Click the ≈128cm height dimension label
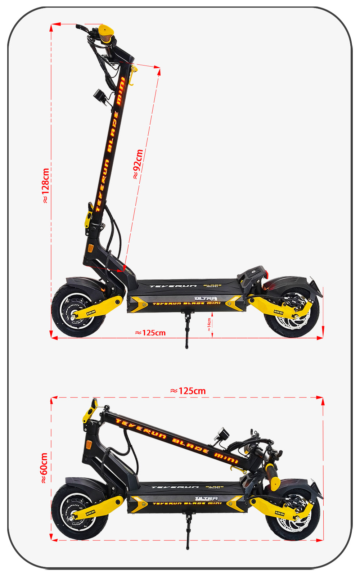pyautogui.click(x=45, y=186)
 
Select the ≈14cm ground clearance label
pyautogui.click(x=209, y=324)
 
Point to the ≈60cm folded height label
pyautogui.click(x=44, y=468)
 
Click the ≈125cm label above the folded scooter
pyautogui.click(x=188, y=391)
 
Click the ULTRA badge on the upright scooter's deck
pyautogui.click(x=206, y=298)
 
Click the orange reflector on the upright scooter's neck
pyautogui.click(x=90, y=248)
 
